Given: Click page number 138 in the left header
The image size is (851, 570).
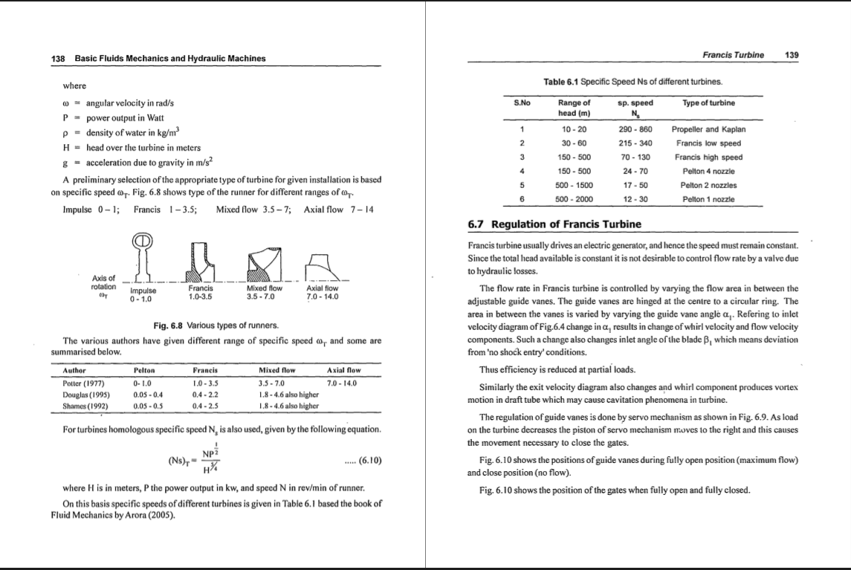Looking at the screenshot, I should [x=56, y=58].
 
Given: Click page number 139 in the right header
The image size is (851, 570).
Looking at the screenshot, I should [x=792, y=54].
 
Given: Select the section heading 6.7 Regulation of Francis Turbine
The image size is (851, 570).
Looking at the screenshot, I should [x=554, y=224].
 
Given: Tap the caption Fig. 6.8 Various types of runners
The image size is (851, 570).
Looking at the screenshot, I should [x=216, y=326].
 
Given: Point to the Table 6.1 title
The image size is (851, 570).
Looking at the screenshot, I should [x=633, y=81].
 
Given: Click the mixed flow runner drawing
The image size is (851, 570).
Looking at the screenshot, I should [x=265, y=263].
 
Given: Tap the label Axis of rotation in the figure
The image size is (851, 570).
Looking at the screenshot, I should [x=103, y=282].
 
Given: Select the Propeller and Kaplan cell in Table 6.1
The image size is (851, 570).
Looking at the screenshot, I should [x=708, y=129].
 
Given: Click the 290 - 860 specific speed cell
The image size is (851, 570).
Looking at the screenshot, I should [x=635, y=129].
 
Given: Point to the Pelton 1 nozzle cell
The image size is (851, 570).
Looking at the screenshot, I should [x=708, y=199].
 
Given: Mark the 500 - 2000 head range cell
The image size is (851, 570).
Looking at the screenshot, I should [x=574, y=199].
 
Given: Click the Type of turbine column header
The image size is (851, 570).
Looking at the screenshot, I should [x=708, y=103].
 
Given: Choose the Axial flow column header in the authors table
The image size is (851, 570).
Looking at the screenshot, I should [x=343, y=370].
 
